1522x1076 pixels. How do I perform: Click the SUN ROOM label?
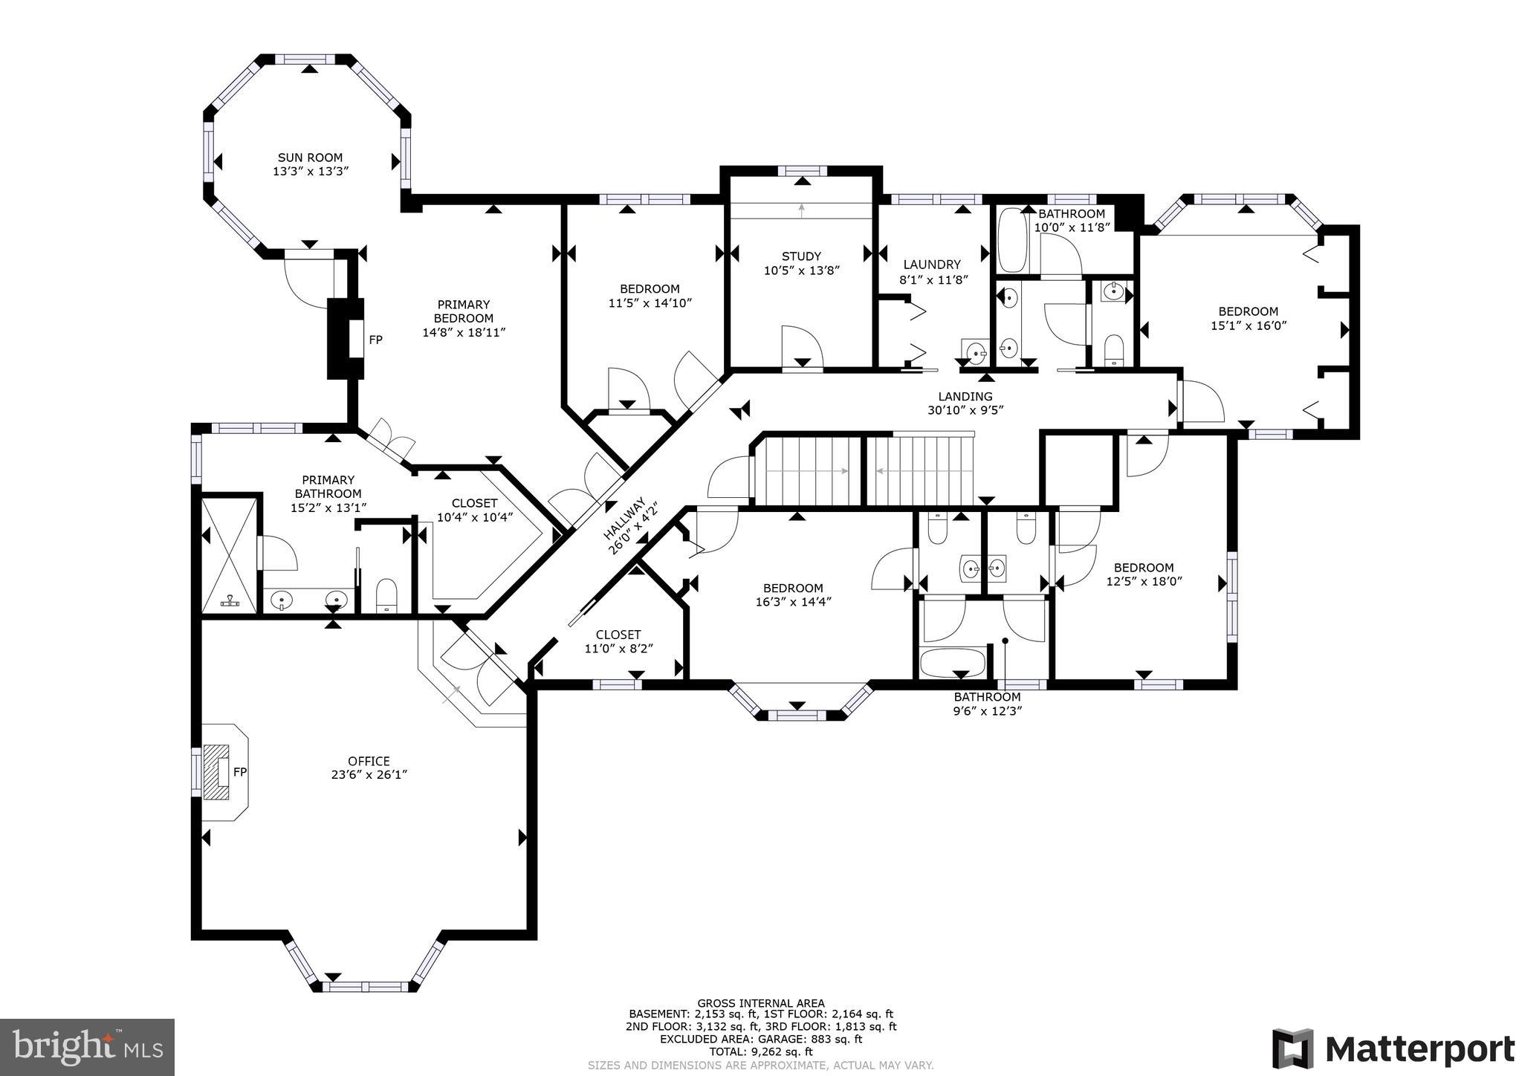tap(310, 158)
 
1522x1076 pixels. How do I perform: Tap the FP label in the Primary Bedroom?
tap(376, 340)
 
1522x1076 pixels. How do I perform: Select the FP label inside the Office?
tap(239, 772)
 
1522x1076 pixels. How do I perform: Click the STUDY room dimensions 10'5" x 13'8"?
tap(801, 270)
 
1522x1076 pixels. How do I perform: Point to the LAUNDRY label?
tap(932, 265)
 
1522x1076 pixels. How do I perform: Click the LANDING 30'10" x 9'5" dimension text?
tap(965, 409)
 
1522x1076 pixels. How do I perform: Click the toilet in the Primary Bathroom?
tap(386, 595)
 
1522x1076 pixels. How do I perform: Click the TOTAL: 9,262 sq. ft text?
tap(760, 1051)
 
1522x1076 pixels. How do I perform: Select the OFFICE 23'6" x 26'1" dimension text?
tap(369, 774)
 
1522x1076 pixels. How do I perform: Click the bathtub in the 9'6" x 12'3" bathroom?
tap(952, 661)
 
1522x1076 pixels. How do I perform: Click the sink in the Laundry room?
tap(974, 350)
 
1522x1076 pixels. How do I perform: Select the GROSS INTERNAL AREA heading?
tap(760, 1003)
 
